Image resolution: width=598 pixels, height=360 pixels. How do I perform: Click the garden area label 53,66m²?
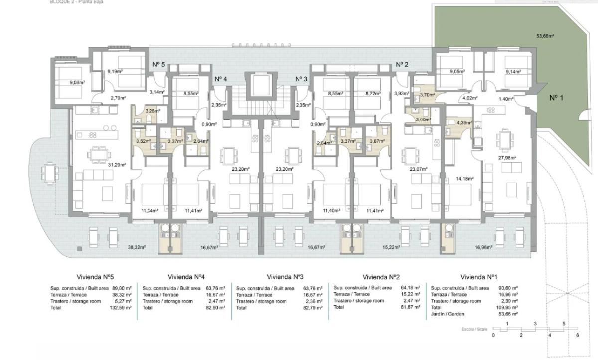coord(546,36)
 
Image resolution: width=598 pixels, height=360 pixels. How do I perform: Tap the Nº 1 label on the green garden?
coord(556,98)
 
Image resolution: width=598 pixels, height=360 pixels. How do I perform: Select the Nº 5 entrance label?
coord(158,64)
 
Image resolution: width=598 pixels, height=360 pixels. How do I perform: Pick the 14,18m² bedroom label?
coord(463,178)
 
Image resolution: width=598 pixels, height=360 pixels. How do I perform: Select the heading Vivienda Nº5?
coord(96,277)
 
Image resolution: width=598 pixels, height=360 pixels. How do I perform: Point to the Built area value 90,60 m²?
coord(507,288)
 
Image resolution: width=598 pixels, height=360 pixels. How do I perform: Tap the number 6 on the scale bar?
coord(577,336)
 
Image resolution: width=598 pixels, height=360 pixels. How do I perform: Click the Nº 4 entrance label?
coord(221,79)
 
